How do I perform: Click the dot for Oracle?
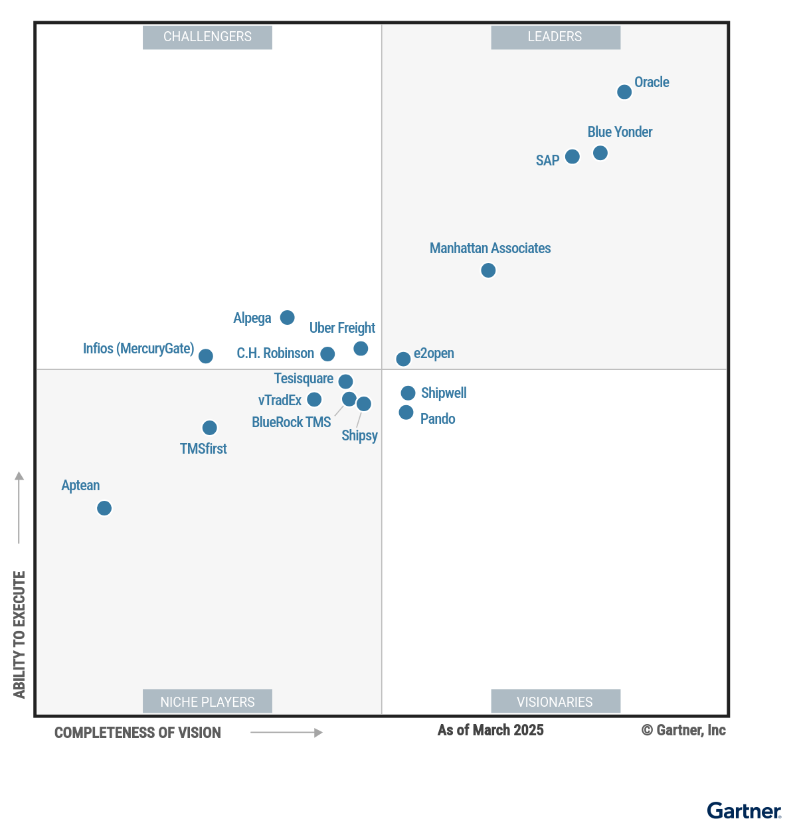(x=624, y=92)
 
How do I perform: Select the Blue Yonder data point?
(x=600, y=153)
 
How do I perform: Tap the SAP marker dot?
(x=573, y=157)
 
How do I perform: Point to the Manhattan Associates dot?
(x=488, y=270)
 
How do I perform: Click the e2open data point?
(x=403, y=359)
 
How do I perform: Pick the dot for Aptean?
(x=104, y=508)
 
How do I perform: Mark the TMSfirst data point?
(x=209, y=428)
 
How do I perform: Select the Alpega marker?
(x=287, y=318)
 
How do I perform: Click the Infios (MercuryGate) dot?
(x=206, y=356)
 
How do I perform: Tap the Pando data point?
(x=406, y=413)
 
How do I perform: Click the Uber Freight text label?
(x=342, y=328)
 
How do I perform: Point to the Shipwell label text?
(x=444, y=393)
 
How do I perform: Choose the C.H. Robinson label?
(x=275, y=353)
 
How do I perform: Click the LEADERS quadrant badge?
(x=555, y=37)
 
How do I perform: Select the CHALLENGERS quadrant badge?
(x=207, y=37)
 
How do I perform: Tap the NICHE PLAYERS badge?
(x=207, y=701)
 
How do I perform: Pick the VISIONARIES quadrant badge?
(x=555, y=701)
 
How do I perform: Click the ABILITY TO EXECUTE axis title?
(x=19, y=634)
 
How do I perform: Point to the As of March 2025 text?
(x=490, y=731)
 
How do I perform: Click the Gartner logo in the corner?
(x=744, y=811)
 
